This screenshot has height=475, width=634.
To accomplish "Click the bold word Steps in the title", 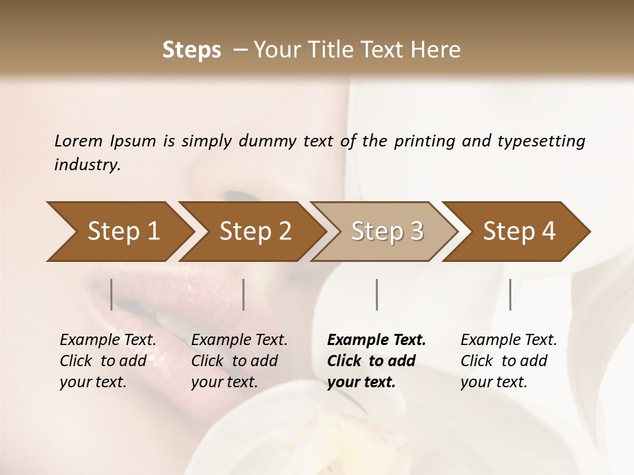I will point(192,50).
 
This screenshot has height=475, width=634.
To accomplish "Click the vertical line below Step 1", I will point(112,294).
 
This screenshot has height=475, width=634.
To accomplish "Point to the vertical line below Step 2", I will point(244,294).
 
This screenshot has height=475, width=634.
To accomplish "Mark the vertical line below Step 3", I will point(376,294).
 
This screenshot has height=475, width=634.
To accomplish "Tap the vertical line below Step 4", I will point(510,294).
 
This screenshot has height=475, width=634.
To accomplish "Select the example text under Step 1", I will point(108,361).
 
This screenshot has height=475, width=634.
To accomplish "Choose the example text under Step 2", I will point(239,361).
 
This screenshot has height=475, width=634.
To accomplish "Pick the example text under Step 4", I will point(509,361).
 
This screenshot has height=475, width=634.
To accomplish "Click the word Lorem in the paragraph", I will point(79,141).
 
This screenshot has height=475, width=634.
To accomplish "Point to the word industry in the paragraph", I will point(87,165).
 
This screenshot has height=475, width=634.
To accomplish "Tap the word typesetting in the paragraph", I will point(542,141).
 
